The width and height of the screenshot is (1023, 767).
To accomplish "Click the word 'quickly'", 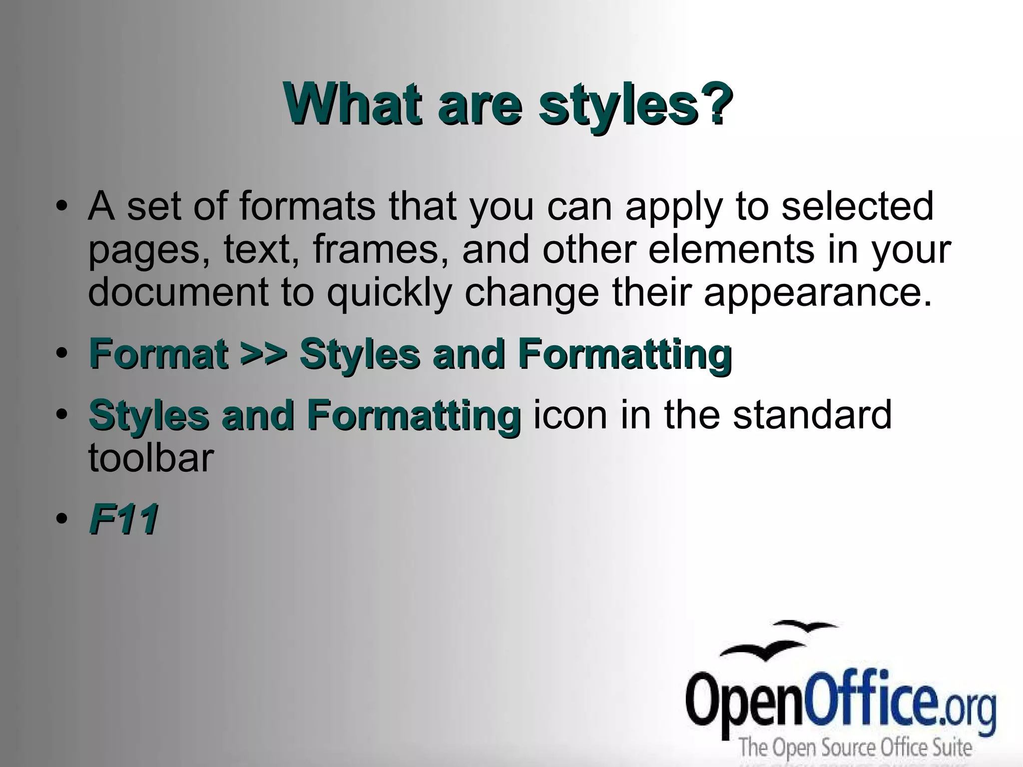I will click(389, 294).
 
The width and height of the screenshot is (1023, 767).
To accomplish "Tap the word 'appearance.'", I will click(818, 294).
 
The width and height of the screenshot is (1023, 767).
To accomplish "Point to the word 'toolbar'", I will click(151, 458).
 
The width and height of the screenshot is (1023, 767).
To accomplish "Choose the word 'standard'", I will click(812, 415).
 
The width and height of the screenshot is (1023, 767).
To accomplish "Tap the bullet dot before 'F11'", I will click(61, 519).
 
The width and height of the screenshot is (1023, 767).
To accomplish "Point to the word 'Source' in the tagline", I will click(851, 748).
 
